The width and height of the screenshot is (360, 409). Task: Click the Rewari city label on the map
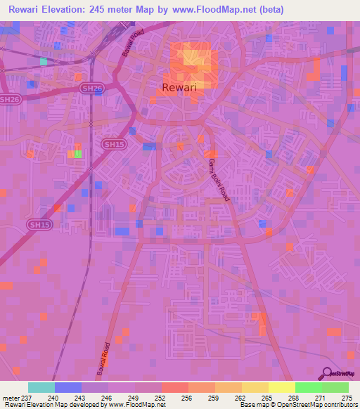point(174,88)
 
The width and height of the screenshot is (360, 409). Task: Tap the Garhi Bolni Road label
point(218,181)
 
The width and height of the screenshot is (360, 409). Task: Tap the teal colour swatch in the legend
point(41,388)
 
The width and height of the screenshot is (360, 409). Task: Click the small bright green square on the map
point(77,154)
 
